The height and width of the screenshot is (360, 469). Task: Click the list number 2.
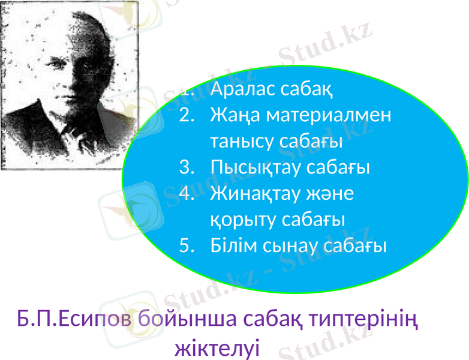(187, 115)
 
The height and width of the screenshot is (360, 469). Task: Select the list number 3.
(187, 167)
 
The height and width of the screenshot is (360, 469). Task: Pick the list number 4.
(187, 194)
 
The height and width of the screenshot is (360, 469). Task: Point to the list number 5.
(187, 245)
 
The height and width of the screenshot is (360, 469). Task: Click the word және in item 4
(333, 194)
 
